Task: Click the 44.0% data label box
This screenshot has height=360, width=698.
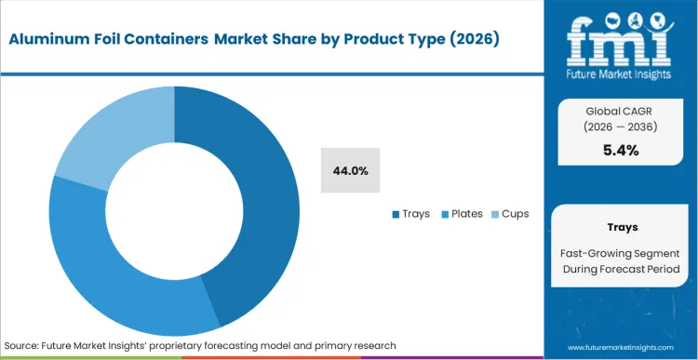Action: tap(350, 170)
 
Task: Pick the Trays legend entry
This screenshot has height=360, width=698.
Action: tap(410, 214)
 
